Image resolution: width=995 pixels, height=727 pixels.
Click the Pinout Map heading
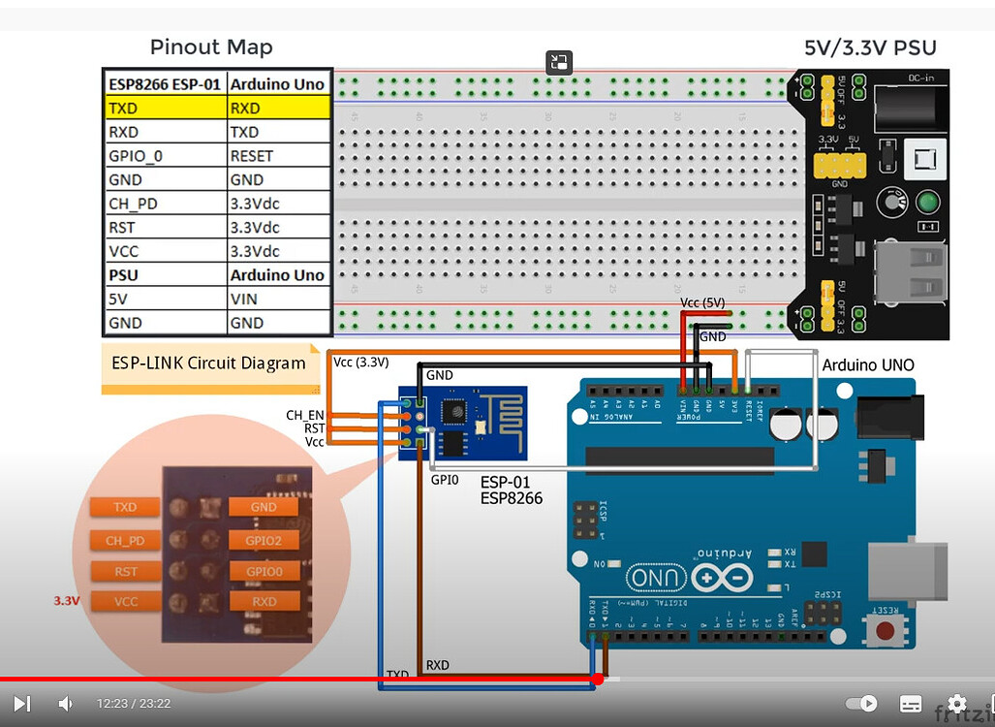pos(211,47)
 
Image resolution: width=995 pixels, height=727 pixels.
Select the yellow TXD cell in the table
pos(166,108)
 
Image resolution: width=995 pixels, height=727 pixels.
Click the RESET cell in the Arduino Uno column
pos(280,156)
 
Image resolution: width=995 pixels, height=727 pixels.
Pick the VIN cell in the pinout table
pos(280,299)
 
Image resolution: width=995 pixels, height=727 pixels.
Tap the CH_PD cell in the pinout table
pos(166,204)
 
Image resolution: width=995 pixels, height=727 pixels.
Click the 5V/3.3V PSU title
pos(870,47)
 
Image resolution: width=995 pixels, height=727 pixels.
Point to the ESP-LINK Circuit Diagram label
pos(209,363)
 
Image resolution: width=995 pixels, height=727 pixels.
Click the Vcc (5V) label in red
pos(702,302)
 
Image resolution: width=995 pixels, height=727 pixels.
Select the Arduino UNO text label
pos(867,365)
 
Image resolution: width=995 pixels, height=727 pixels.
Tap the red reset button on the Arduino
pos(885,632)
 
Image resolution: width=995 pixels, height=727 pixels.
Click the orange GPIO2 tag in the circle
pos(264,540)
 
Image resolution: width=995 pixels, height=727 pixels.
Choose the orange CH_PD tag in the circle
pos(126,540)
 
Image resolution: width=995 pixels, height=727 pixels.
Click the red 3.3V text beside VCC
pos(67,601)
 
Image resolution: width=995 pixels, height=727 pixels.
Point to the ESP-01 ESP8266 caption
pos(512,490)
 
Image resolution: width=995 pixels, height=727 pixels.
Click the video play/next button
pos(21,704)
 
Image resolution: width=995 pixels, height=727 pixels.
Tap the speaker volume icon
pos(65,704)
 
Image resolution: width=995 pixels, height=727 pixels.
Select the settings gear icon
pos(956,704)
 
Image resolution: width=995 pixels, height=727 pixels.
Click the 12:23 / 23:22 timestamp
pos(134,704)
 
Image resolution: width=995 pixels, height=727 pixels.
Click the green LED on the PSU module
pos(927,203)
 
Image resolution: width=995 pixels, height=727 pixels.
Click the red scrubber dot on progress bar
pos(597,679)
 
